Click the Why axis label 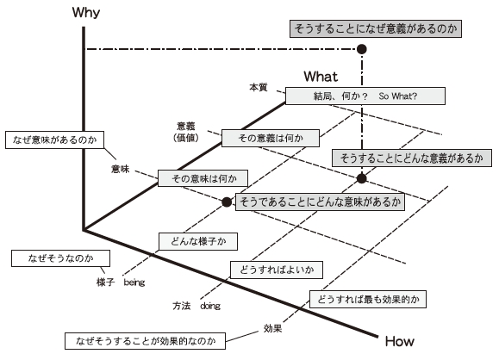coord(86,13)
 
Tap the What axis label coord(321,77)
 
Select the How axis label coord(399,341)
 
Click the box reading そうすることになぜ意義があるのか coord(376,28)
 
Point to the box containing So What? coord(365,96)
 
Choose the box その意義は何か coord(271,138)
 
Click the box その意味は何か coord(203,178)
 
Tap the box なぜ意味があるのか coord(55,140)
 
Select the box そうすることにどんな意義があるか coord(412,158)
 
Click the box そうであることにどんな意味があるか coord(320,202)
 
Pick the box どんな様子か coord(198,241)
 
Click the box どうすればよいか coord(277,270)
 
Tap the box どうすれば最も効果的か coord(368,299)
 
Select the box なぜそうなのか coord(61,258)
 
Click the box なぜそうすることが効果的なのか coord(145,341)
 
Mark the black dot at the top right coord(361,49)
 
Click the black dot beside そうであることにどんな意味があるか coord(227,202)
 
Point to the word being coord(134,282)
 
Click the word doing coord(210,306)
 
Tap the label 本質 coord(259,87)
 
